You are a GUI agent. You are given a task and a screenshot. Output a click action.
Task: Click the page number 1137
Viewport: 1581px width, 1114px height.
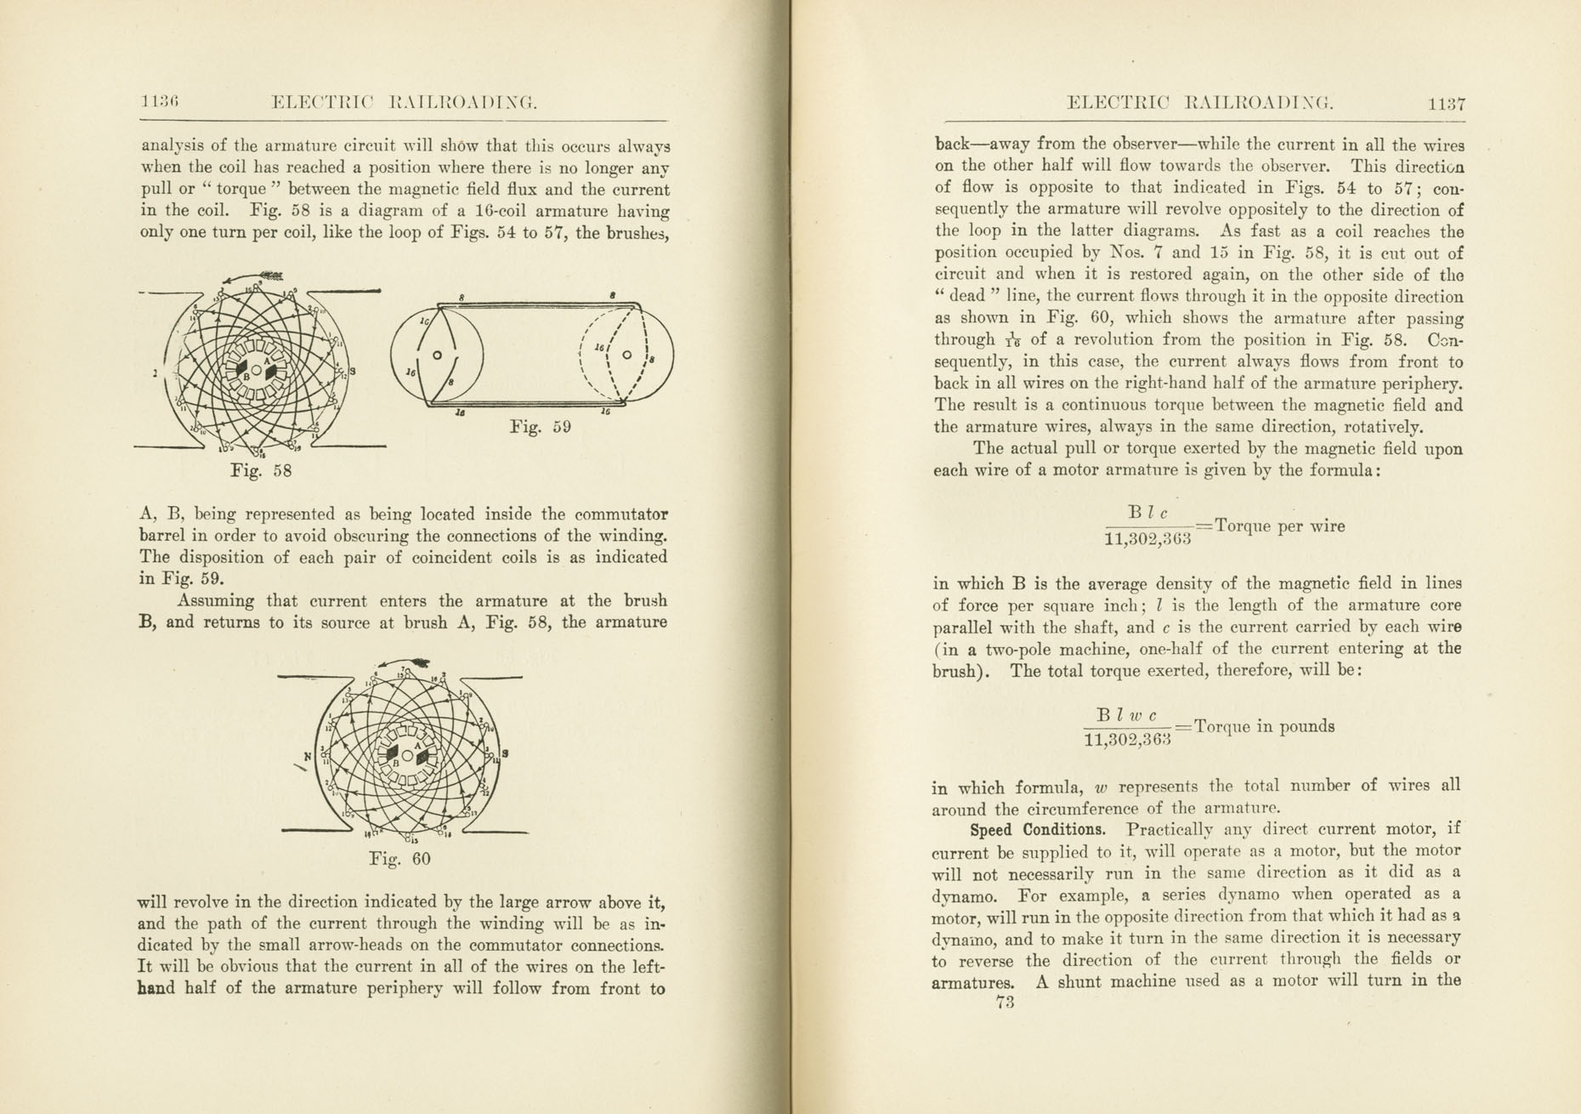(x=1446, y=104)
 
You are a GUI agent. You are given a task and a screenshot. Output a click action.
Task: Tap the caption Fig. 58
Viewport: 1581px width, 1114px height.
(x=261, y=469)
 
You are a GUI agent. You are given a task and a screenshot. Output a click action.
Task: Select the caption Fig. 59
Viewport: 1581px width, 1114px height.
(x=540, y=426)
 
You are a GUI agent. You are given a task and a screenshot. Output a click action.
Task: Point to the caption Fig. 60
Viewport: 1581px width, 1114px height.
(x=399, y=859)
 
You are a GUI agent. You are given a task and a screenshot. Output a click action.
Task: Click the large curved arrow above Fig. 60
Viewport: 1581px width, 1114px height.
(x=404, y=662)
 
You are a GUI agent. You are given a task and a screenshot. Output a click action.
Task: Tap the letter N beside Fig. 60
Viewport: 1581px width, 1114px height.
(x=308, y=755)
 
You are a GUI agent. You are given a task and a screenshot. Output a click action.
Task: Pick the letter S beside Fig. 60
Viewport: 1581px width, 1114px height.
(x=505, y=753)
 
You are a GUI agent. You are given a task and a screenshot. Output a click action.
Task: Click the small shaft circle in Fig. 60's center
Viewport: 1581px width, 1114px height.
(x=407, y=755)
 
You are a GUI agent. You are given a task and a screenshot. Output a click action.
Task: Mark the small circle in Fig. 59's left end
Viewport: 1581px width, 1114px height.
(x=437, y=355)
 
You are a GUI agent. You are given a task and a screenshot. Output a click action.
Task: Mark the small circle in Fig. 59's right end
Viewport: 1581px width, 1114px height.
(x=627, y=355)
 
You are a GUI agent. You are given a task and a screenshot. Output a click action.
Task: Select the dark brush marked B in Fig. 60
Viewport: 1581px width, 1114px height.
(x=391, y=754)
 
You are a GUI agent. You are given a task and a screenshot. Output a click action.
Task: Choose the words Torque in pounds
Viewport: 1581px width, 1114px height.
(x=1263, y=726)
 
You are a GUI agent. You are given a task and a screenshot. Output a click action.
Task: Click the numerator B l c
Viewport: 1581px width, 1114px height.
(x=1147, y=514)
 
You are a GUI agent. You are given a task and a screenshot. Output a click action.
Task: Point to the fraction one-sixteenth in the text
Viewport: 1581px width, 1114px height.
(x=1013, y=341)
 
